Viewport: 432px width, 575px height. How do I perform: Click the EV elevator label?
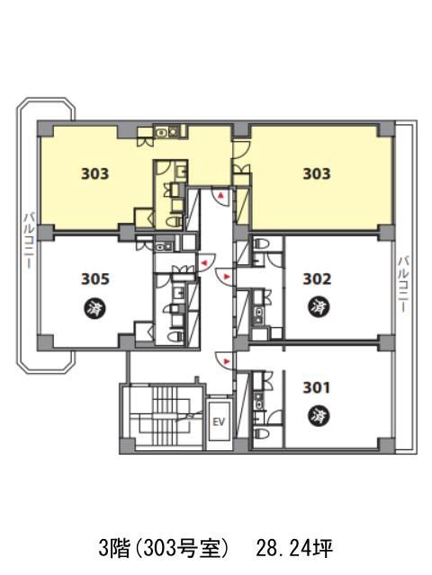click(x=219, y=421)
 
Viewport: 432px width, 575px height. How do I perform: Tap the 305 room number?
click(x=95, y=279)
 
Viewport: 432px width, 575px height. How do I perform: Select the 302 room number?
click(x=317, y=279)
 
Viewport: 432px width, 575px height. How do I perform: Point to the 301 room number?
click(x=316, y=387)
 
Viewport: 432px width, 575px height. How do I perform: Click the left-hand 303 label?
click(x=95, y=173)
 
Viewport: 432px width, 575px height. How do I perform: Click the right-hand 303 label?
click(x=317, y=173)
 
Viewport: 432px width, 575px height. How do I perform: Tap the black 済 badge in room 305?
click(x=95, y=307)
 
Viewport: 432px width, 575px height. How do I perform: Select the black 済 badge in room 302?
click(x=318, y=306)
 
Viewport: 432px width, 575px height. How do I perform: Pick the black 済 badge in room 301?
click(x=318, y=416)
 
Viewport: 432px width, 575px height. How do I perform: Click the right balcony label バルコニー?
click(x=404, y=285)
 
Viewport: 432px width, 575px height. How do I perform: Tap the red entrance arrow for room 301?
click(x=226, y=361)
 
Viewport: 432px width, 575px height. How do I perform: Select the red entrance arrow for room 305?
click(x=203, y=262)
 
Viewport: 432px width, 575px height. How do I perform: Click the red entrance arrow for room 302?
click(x=226, y=276)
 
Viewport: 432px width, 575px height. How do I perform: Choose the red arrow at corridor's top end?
click(x=220, y=196)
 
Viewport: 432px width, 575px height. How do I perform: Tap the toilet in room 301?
click(x=262, y=434)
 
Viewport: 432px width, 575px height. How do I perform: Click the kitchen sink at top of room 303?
click(x=166, y=132)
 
